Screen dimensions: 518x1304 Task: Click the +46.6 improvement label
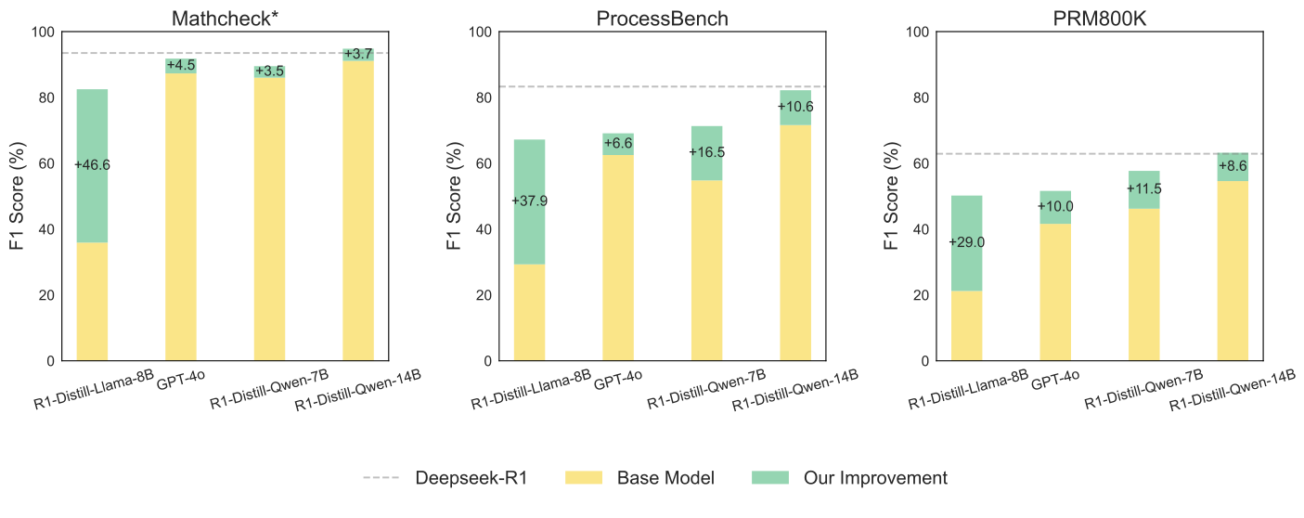pyautogui.click(x=92, y=164)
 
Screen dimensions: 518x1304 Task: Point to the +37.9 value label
pyautogui.click(x=529, y=201)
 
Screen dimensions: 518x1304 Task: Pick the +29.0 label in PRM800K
pyautogui.click(x=966, y=242)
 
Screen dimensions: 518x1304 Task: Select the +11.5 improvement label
pyautogui.click(x=1143, y=189)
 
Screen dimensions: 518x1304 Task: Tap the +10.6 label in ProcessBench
pyautogui.click(x=795, y=107)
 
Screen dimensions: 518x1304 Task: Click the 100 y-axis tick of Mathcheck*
pyautogui.click(x=44, y=32)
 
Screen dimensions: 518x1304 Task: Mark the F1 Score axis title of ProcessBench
pyautogui.click(x=455, y=197)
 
